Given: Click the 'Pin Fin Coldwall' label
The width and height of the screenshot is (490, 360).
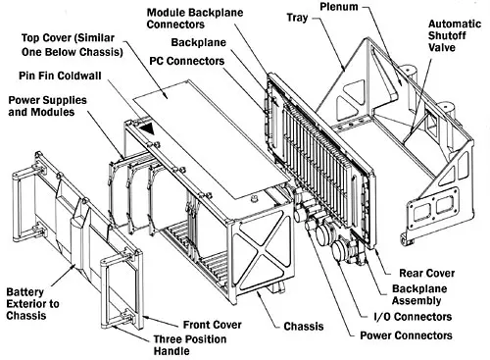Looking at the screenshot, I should (x=54, y=77).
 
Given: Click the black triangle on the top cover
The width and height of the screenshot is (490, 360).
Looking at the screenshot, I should (x=145, y=128).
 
